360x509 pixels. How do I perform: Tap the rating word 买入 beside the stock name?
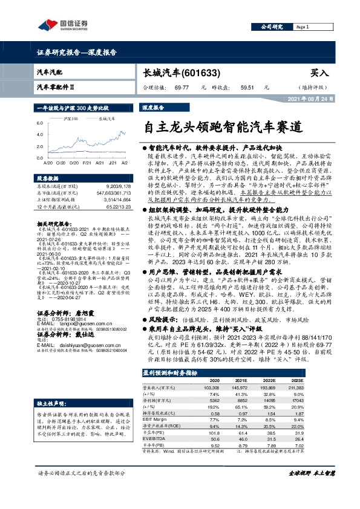[319, 73]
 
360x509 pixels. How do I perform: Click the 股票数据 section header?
[47, 180]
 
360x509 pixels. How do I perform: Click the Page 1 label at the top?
[304, 27]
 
